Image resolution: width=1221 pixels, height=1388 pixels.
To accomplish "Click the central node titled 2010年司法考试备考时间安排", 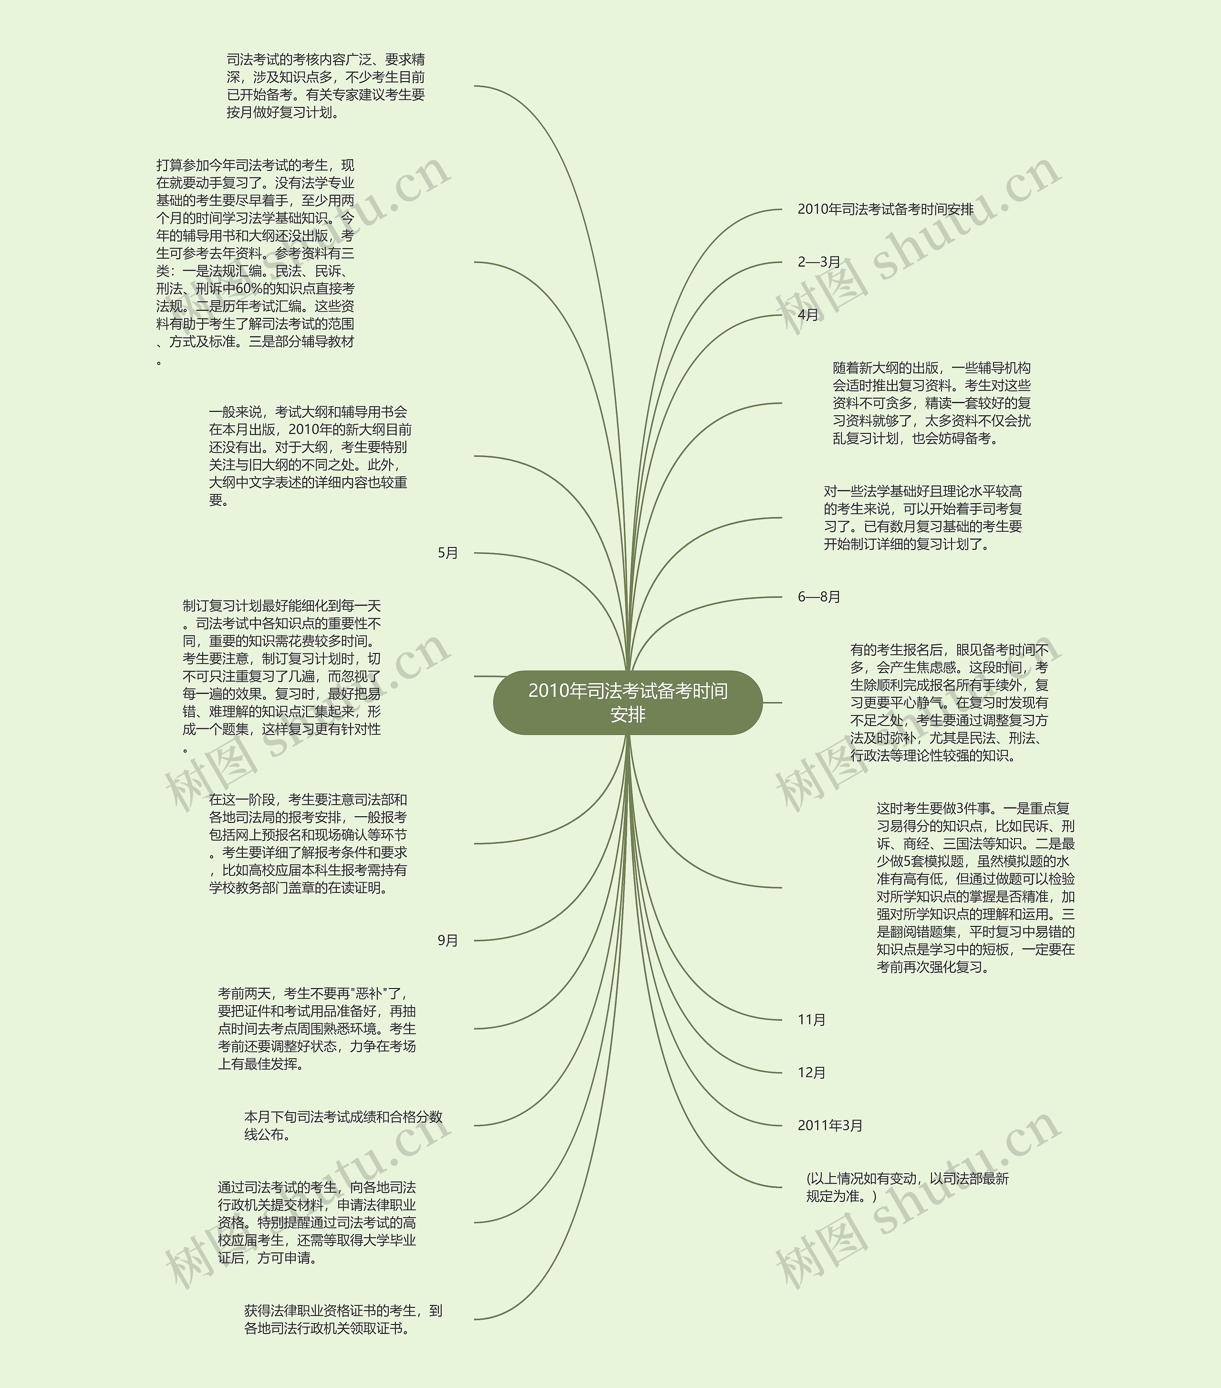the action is pos(628,702).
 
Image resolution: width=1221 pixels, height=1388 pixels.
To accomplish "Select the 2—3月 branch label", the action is pos(818,262).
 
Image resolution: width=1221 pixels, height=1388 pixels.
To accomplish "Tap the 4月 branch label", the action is pos(807,315).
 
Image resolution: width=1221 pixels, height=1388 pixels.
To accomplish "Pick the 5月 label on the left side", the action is pos(448,553).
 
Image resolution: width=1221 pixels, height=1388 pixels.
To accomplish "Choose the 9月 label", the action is pos(448,940).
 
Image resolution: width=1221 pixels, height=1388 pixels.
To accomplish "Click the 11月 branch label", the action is pos(811,1019).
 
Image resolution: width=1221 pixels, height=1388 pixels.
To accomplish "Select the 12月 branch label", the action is pos(811,1072).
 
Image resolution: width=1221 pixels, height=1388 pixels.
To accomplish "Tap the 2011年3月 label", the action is pos(829,1125).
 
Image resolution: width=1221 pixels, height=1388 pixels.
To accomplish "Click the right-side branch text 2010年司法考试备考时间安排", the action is pos(885,209).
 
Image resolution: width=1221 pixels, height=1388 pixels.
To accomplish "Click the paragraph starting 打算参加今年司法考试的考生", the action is pos(255,262).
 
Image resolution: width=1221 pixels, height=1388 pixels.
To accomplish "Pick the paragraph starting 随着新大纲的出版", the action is pos(931,403).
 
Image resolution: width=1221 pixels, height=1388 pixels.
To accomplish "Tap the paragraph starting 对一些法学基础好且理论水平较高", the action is pos(922,517).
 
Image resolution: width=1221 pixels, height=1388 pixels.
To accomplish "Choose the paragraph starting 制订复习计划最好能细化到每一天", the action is pos(282,676).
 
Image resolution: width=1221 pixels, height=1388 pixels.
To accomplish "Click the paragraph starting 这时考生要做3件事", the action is pos(975,887).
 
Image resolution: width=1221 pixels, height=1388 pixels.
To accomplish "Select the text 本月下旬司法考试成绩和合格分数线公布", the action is pos(343,1125).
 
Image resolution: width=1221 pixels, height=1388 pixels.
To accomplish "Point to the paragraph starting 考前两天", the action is pos(316,1028).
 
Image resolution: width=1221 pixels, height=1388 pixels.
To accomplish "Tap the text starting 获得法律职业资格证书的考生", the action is pos(343,1319).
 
